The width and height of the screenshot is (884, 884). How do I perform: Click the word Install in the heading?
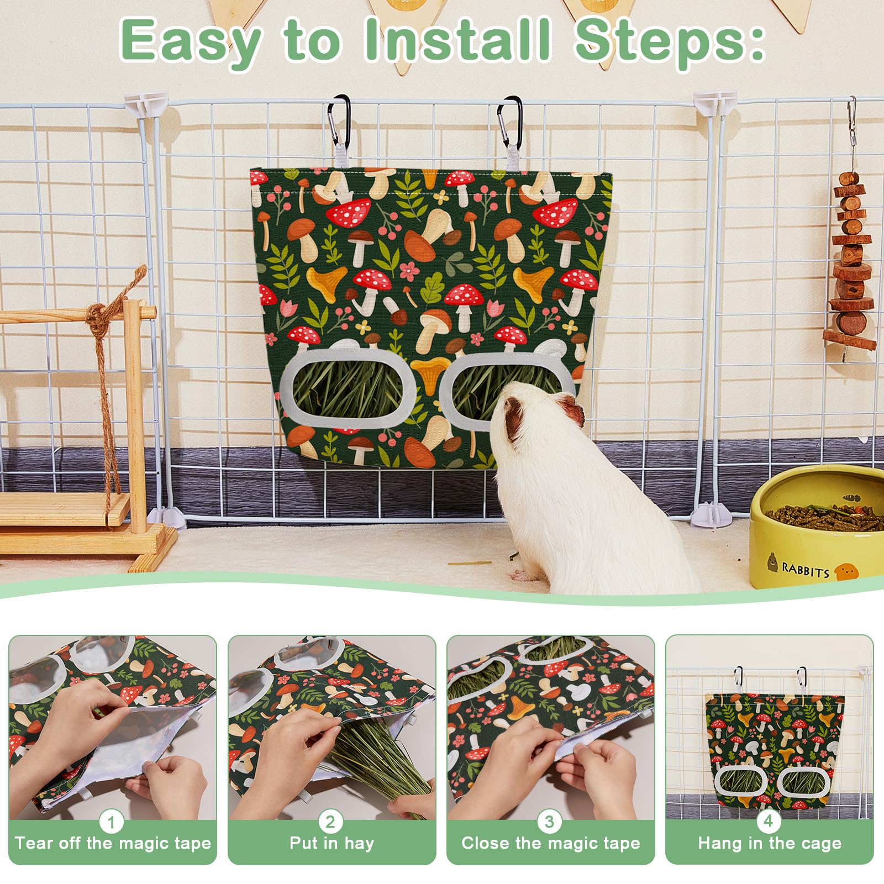(x=459, y=41)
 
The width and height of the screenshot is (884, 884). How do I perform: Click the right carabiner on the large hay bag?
(x=512, y=120)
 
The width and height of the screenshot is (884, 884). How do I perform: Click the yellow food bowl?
(x=817, y=525)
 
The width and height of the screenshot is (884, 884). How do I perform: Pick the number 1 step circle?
(x=112, y=822)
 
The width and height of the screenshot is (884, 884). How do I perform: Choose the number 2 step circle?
(x=330, y=822)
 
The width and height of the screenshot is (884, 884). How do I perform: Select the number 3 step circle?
(x=549, y=822)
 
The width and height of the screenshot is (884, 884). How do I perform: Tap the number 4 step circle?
(x=769, y=822)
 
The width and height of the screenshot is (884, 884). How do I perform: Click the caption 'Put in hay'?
(x=331, y=844)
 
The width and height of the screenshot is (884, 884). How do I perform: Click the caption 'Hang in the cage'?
(x=770, y=844)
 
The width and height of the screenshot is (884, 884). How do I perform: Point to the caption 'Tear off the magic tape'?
(x=113, y=844)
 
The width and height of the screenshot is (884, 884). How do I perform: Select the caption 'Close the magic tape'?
(x=550, y=844)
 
